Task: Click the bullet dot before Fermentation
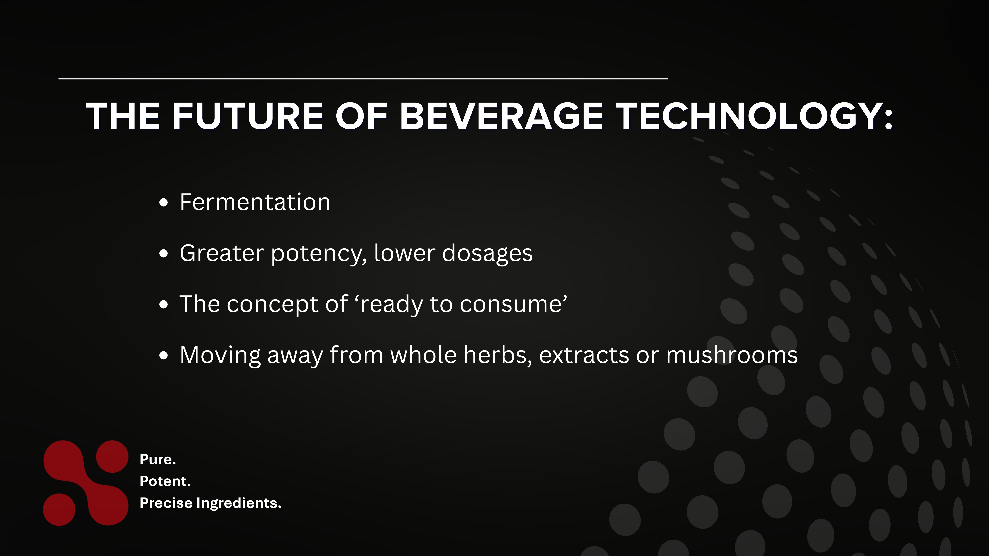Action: coord(164,203)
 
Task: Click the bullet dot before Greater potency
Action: coord(164,254)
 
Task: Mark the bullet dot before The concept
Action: coord(164,305)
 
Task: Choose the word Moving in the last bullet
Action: coord(220,355)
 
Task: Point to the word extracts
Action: coord(584,355)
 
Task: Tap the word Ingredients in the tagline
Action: coord(238,503)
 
